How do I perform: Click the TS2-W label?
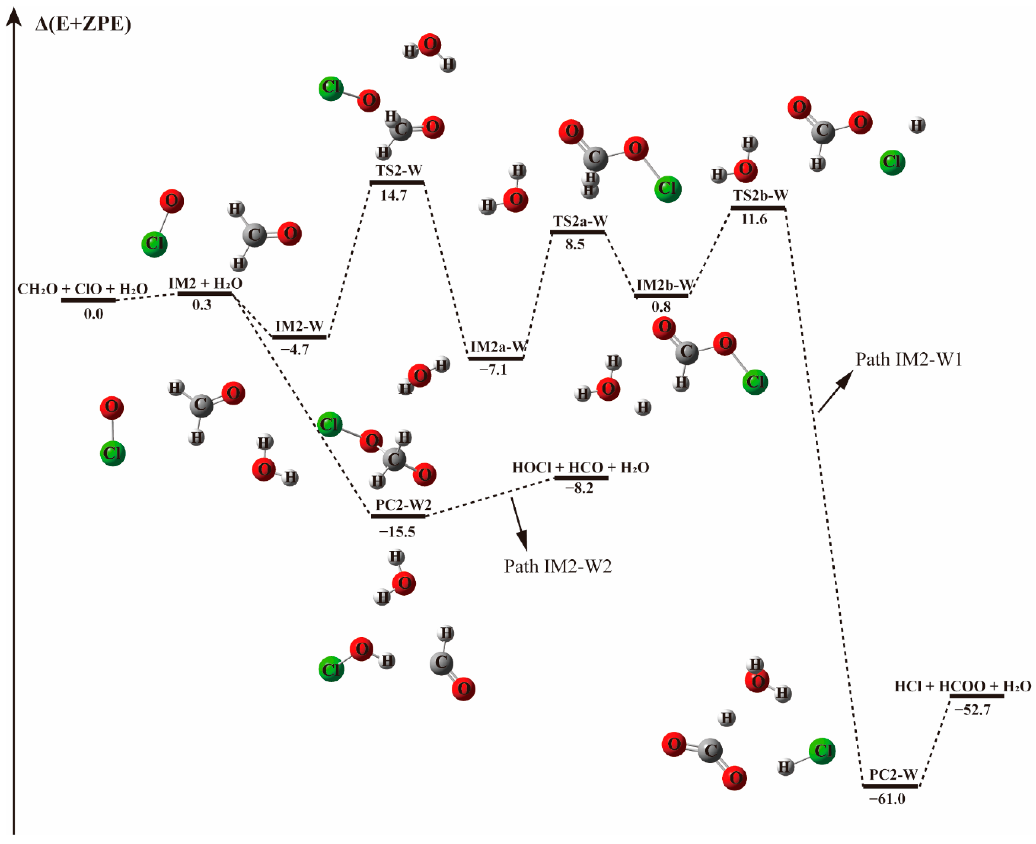tap(398, 171)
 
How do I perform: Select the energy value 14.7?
tap(393, 195)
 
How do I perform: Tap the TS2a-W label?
tap(579, 221)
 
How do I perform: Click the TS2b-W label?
tap(760, 195)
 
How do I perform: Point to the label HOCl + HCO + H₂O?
tap(581, 468)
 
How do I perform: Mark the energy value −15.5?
tap(397, 532)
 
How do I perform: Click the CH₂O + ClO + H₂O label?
tap(83, 289)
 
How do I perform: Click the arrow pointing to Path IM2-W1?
tap(835, 391)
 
